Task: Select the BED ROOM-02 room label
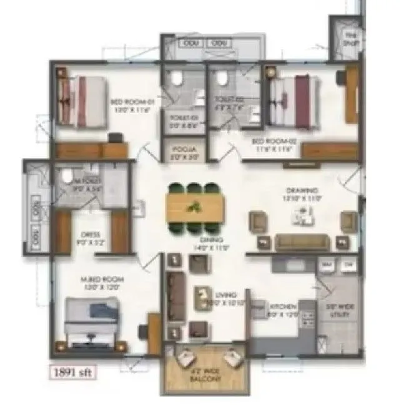(x=278, y=142)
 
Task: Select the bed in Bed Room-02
(x=295, y=96)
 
